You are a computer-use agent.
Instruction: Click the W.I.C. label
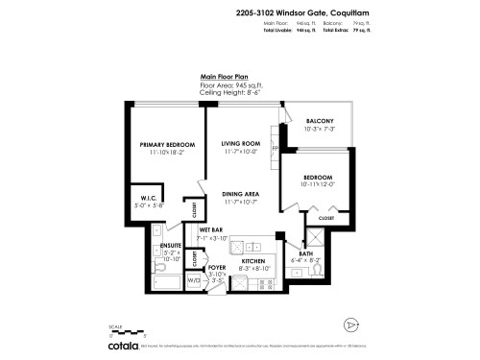pyautogui.click(x=135, y=199)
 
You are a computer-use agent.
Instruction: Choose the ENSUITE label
pyautogui.click(x=173, y=246)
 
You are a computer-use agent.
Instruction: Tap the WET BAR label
pyautogui.click(x=211, y=230)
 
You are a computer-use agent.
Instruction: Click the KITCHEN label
pyautogui.click(x=252, y=261)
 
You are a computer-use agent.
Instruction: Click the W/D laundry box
pyautogui.click(x=194, y=280)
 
